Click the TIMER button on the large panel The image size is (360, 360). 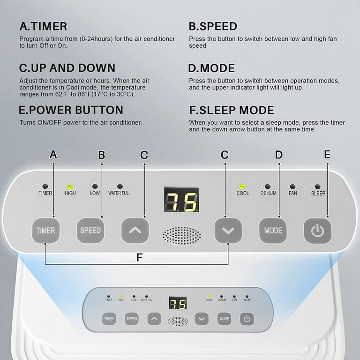pos(45,230)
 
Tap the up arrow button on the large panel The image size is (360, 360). pos(135,230)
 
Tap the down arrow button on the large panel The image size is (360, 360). pos(228,230)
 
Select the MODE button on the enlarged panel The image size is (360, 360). pos(273,230)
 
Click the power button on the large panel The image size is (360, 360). pos(317,230)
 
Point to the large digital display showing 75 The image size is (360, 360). pos(181,199)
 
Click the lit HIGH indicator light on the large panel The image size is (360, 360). pos(70,187)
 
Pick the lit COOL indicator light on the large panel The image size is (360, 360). pos(242,186)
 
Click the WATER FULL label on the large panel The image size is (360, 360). pos(120,193)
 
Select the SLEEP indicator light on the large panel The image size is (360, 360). pos(318,187)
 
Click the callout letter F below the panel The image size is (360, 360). pos(139,258)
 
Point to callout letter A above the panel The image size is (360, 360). pos(53,155)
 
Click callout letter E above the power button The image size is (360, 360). pos(327,155)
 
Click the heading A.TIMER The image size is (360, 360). pos(43,26)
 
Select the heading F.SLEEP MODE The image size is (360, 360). pos(232,110)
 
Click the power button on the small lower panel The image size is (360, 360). pos(247,319)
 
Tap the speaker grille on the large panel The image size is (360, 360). pos(181,236)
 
